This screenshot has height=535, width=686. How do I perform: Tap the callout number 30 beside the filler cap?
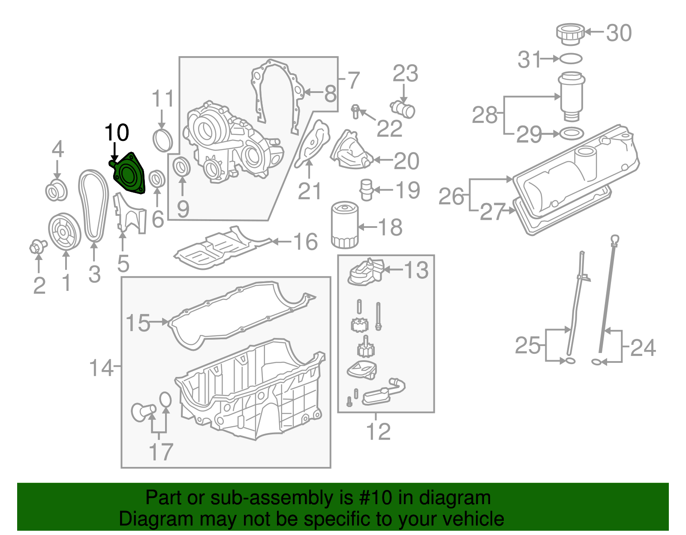(x=619, y=33)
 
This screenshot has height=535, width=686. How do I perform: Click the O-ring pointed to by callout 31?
(x=571, y=58)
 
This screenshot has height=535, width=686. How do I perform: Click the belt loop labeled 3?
(x=93, y=206)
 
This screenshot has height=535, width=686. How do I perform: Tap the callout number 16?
(x=305, y=242)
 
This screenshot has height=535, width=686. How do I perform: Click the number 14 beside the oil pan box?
(x=101, y=368)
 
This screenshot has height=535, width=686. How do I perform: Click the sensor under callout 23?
(x=403, y=109)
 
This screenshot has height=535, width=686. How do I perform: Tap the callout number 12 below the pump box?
(x=378, y=432)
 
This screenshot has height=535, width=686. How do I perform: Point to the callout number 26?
(x=451, y=197)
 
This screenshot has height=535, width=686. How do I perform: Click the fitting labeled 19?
(x=366, y=190)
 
